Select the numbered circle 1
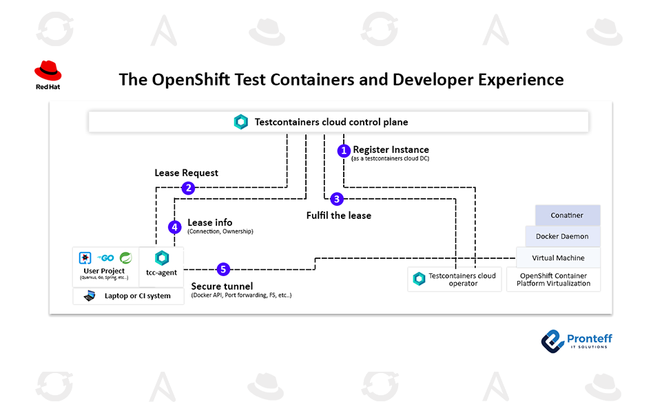pos(344,151)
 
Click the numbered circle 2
pos(188,187)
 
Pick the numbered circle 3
pos(336,199)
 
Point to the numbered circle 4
pos(175,226)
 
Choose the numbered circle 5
pos(223,269)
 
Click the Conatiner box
pos(567,215)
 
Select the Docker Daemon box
pos(562,237)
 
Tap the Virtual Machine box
pos(558,258)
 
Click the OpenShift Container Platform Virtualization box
pos(553,279)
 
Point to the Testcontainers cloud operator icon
pos(419,279)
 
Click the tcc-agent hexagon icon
pos(162,258)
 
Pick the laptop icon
pos(90,296)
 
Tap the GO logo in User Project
pos(106,257)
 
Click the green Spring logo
pos(126,257)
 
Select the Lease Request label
pos(186,173)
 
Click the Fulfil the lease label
pos(338,215)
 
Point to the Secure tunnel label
pos(222,286)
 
